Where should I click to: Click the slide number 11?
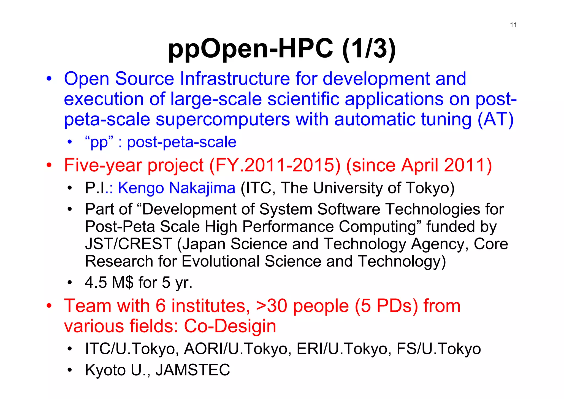(513, 25)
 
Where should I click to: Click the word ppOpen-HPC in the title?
(250, 49)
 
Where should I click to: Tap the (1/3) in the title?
(368, 49)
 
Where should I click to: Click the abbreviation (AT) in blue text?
(495, 120)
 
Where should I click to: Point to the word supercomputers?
(223, 120)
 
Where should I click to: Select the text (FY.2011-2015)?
(275, 165)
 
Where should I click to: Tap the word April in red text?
(419, 165)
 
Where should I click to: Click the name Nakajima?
(202, 188)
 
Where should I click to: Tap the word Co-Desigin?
(230, 326)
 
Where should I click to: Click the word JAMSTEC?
(193, 370)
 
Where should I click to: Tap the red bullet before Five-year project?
(49, 165)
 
